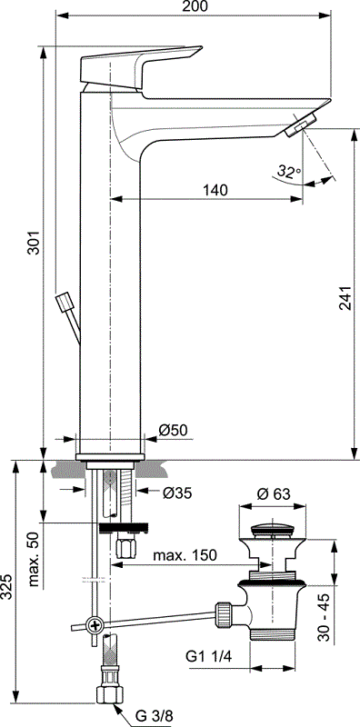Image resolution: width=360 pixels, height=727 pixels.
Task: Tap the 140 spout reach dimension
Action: click(x=214, y=190)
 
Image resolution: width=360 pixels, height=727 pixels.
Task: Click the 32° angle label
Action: click(x=290, y=171)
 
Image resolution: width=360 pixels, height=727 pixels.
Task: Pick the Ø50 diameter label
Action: click(x=173, y=430)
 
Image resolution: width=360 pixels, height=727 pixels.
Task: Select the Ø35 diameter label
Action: click(x=176, y=493)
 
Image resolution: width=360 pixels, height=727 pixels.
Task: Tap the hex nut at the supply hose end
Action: click(x=107, y=694)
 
